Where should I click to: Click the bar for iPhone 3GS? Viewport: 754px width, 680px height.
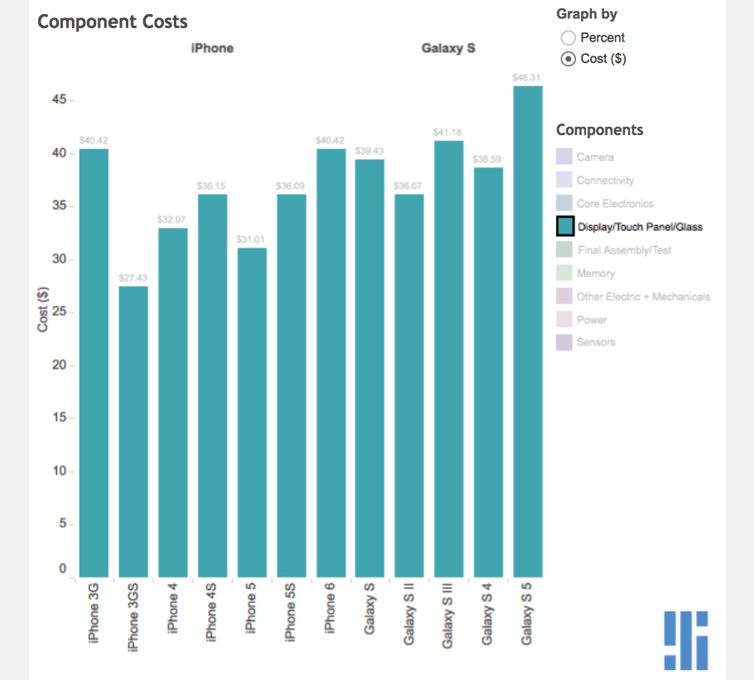tap(133, 431)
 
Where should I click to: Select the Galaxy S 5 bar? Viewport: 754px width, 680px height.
tap(527, 331)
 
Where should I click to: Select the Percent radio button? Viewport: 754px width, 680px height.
tap(568, 37)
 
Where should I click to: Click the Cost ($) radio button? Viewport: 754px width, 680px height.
tap(568, 59)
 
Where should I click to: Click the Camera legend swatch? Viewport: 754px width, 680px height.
tap(564, 157)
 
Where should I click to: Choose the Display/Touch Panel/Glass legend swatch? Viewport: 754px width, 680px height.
tap(565, 226)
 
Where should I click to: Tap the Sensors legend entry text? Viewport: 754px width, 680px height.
tap(596, 342)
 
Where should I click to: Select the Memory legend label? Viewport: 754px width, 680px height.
tap(596, 273)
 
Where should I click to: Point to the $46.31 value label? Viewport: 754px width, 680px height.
tap(527, 77)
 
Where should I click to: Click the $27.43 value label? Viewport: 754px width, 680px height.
tap(133, 277)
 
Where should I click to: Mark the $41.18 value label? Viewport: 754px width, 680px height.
tap(449, 133)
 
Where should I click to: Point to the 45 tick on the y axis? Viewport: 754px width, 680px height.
tap(60, 100)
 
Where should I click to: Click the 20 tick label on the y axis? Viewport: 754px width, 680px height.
tap(60, 365)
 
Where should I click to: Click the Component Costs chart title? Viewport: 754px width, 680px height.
tap(113, 22)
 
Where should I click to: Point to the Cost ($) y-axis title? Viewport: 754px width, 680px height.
tap(43, 310)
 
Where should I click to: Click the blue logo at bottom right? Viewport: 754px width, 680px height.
tap(686, 639)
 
